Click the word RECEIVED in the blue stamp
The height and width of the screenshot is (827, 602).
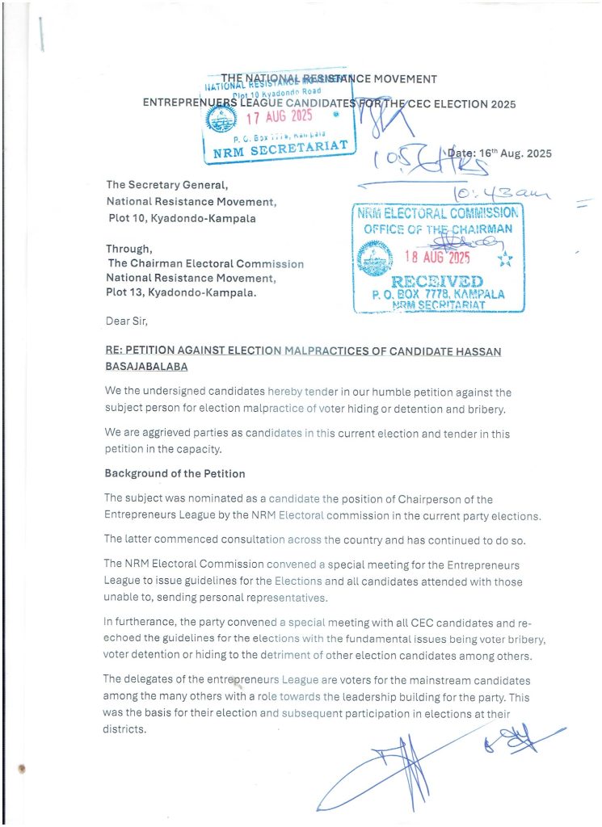point(438,282)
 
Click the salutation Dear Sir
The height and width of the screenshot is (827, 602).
point(128,321)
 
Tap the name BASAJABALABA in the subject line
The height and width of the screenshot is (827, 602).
point(145,366)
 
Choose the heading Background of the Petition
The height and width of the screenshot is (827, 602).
point(175,473)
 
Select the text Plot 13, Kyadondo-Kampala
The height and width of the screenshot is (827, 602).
point(181,292)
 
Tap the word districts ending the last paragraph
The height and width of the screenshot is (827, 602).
point(126,729)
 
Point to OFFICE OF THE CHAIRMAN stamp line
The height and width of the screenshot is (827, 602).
point(439,229)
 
